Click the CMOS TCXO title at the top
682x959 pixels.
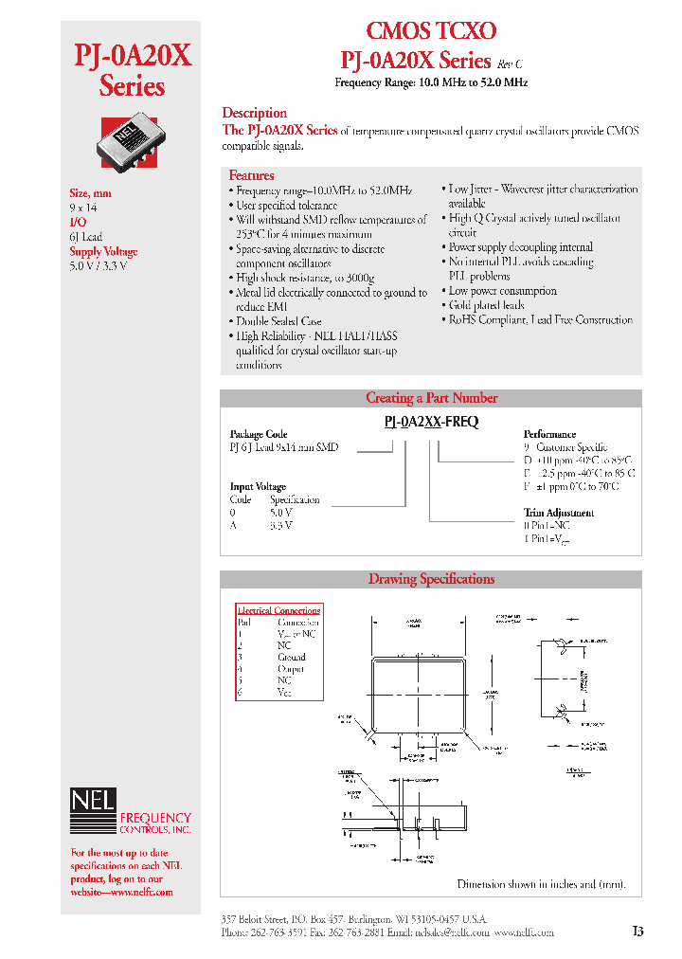click(x=431, y=31)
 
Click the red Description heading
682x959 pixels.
click(x=254, y=113)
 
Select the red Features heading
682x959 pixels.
click(x=251, y=175)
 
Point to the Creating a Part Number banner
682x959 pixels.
click(x=431, y=398)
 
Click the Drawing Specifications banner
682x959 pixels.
click(x=431, y=579)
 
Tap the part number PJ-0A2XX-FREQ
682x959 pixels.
click(x=431, y=423)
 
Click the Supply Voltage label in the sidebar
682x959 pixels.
click(x=103, y=252)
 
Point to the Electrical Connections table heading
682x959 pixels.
click(x=278, y=610)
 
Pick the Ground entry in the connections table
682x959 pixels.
click(x=291, y=657)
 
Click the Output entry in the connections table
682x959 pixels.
click(x=290, y=669)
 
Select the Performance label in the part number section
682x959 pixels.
click(x=549, y=434)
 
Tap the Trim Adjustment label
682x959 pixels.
click(x=559, y=513)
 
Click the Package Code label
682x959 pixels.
click(x=259, y=434)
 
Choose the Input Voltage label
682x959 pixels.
click(x=258, y=487)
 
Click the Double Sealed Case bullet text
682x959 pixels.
click(x=278, y=321)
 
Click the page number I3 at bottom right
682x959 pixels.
click(x=637, y=932)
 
